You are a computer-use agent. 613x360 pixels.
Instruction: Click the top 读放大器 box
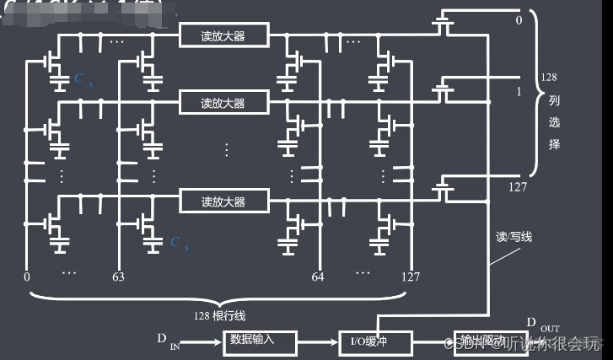[223, 35]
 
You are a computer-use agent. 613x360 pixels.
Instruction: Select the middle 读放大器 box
[223, 102]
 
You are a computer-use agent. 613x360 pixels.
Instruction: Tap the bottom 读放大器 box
[223, 201]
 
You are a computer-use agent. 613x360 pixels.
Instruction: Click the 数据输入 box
[262, 341]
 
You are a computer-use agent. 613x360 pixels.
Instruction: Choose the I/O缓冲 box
[375, 341]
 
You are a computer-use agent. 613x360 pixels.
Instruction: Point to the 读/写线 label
[514, 236]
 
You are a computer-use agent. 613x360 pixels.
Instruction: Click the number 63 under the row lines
[119, 275]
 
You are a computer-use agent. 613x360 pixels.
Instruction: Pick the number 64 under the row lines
[318, 275]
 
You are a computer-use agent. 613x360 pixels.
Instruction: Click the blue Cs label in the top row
[80, 78]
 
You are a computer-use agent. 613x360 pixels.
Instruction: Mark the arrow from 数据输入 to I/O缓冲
[320, 342]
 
